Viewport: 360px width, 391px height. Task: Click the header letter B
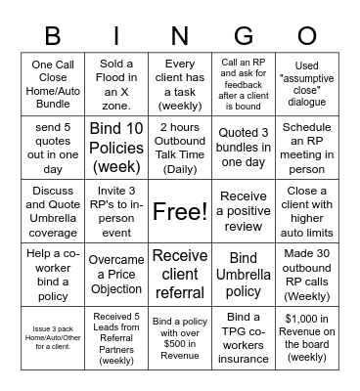point(53,36)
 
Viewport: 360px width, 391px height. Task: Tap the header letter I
point(116,36)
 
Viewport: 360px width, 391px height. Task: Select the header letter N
point(180,36)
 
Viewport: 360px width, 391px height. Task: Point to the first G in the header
point(244,36)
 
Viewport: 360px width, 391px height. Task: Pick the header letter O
point(307,36)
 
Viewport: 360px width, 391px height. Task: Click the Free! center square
point(180,210)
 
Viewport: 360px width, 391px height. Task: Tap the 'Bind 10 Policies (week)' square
point(116,148)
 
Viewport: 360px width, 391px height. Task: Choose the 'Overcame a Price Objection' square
point(116,273)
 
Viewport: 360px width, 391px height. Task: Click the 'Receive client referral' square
point(180,273)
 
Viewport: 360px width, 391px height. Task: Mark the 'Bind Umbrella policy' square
point(244,273)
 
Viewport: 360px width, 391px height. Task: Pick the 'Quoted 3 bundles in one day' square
point(244,148)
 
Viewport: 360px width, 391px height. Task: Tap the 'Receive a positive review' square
point(244,210)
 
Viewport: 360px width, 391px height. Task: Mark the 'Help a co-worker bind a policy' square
point(53,273)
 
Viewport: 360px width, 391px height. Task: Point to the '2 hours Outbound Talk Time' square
point(180,148)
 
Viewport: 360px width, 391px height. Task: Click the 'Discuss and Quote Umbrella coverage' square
point(53,210)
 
